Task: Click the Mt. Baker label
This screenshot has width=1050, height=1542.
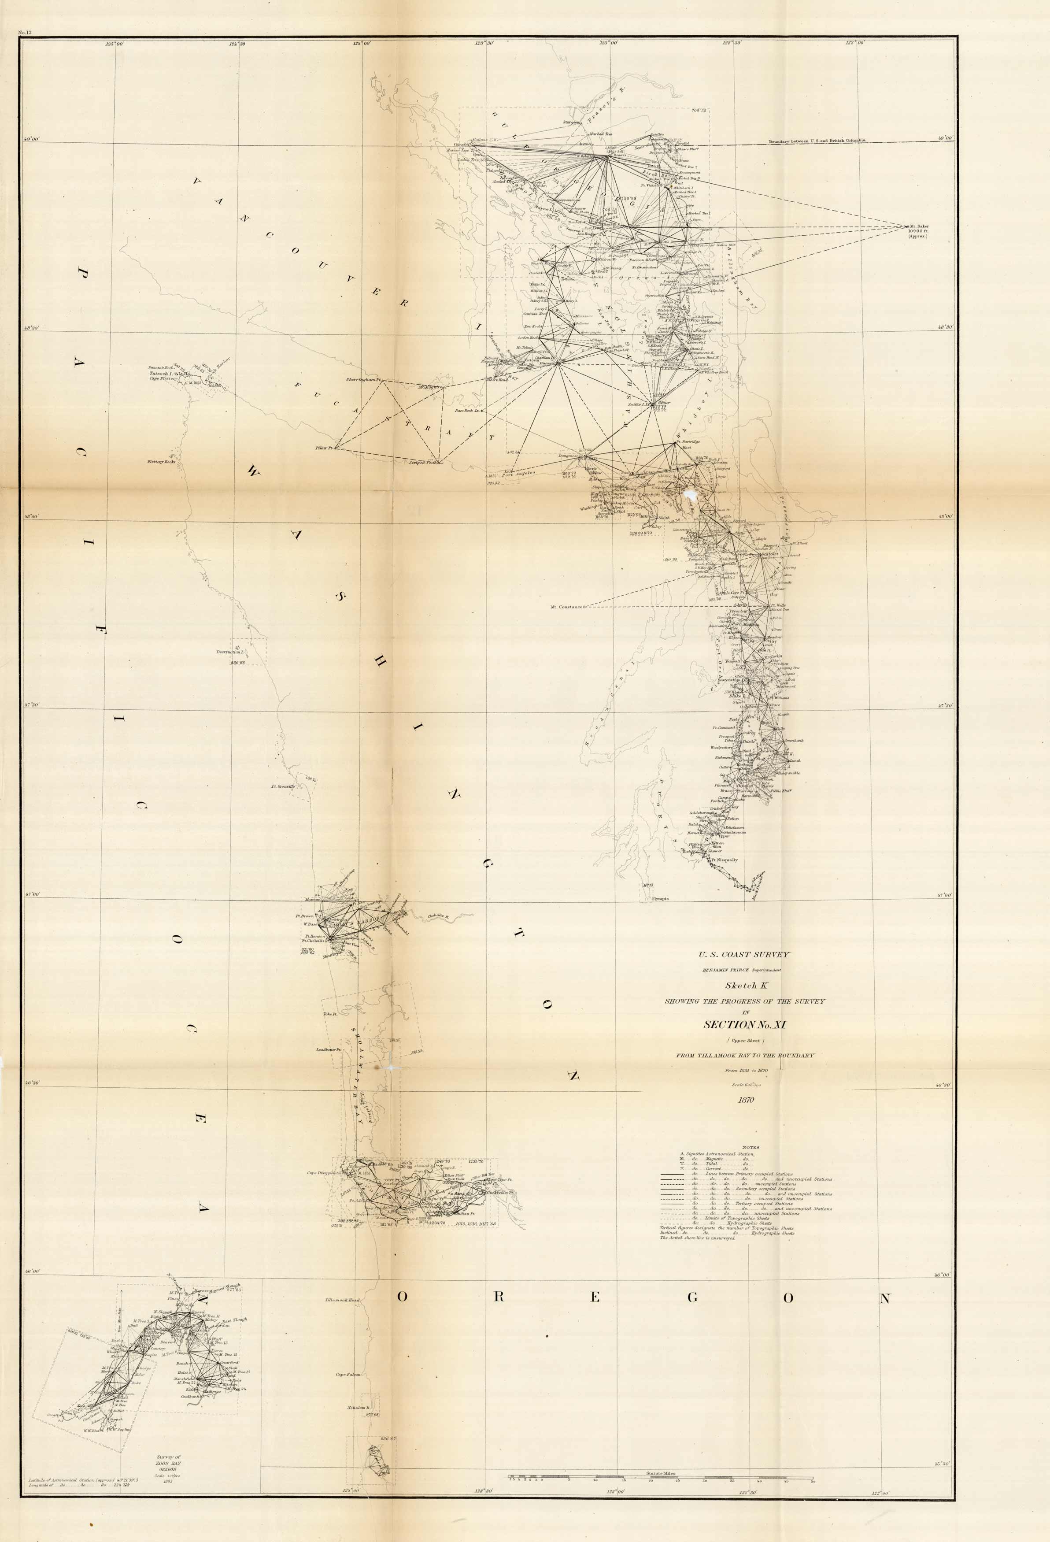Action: (919, 226)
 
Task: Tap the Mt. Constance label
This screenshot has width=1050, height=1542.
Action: (566, 607)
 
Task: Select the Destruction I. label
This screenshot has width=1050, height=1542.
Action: (230, 652)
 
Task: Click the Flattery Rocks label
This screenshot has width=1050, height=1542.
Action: (161, 461)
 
